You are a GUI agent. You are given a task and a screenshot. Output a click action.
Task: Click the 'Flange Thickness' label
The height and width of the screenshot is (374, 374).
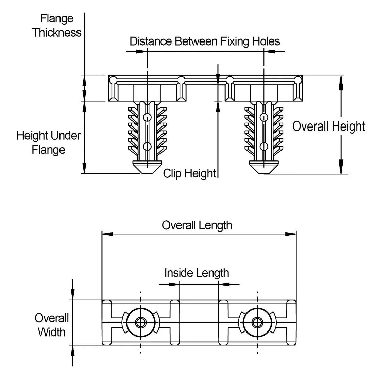coord(57,26)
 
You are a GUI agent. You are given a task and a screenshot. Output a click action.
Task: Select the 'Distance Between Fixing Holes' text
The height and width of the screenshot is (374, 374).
coord(205,41)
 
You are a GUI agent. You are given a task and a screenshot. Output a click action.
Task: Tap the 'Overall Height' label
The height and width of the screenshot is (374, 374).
coord(328,126)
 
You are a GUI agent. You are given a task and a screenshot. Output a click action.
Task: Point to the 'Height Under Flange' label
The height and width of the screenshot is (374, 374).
coord(49,143)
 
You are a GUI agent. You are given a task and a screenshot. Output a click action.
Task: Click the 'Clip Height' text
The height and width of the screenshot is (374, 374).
coord(189,173)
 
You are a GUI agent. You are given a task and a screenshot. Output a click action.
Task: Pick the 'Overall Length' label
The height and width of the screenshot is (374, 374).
coord(197,225)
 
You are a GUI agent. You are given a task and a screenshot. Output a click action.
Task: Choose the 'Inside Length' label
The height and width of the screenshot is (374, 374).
coord(197,273)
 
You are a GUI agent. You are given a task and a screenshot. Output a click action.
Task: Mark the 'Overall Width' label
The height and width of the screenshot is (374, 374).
coord(52,325)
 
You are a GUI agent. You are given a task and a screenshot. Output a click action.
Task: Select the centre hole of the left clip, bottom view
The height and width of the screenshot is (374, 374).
coord(140,322)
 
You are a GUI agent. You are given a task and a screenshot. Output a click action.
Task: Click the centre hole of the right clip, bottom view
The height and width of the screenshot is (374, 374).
coord(257,322)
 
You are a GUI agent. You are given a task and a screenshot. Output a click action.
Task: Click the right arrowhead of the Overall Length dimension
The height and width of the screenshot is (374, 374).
coord(292,234)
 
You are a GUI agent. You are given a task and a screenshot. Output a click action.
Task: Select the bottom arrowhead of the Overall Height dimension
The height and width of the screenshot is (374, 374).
coord(341,169)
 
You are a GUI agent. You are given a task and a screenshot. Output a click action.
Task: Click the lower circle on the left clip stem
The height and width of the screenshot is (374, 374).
coord(147,147)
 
